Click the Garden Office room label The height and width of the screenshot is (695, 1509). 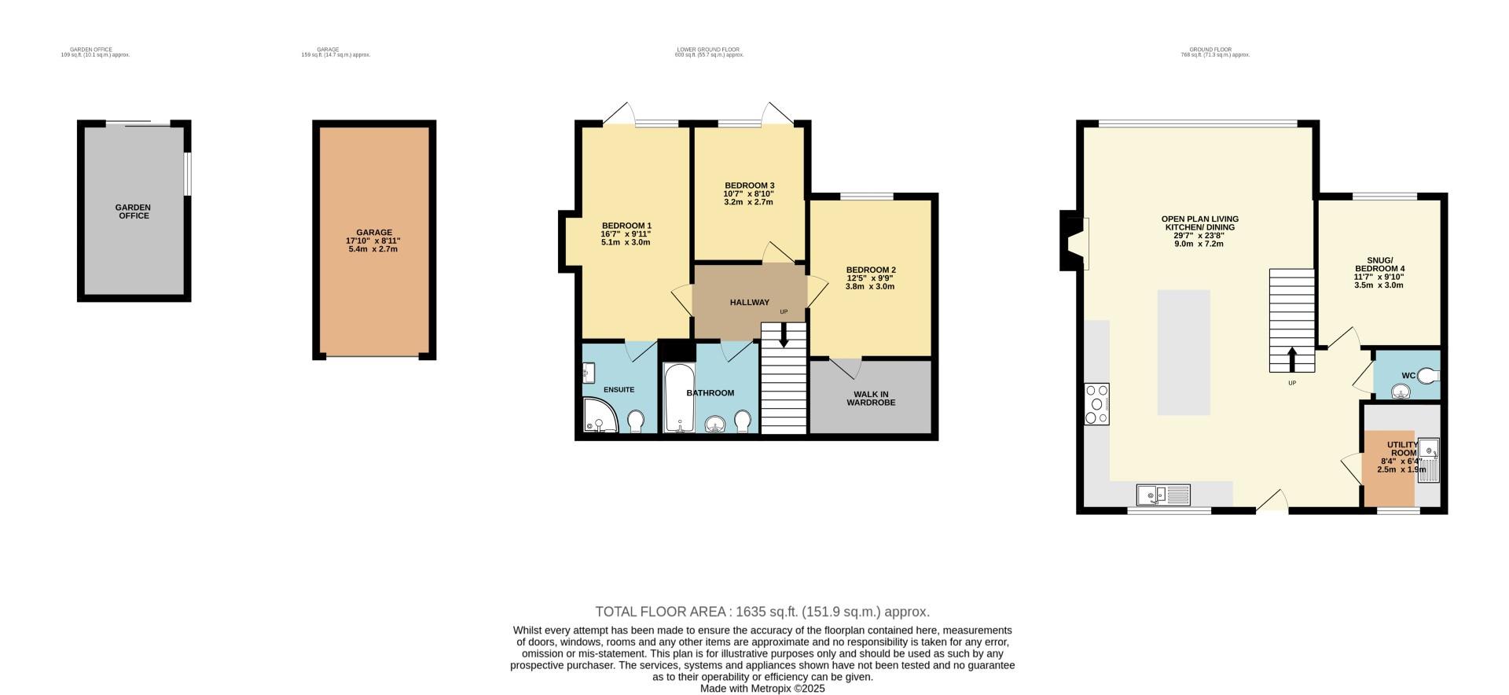pos(134,211)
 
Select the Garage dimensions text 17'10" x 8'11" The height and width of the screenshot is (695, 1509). pos(374,241)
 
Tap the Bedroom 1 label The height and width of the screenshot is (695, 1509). pos(626,226)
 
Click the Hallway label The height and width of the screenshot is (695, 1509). pos(749,303)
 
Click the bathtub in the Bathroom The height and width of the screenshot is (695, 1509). pos(677,399)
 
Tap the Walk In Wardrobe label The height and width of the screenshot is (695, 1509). pos(870,399)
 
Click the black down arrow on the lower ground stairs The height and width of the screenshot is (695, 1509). pos(784,337)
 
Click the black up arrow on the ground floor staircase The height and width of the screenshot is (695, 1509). pos(1292,360)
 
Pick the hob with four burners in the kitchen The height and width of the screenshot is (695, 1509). pos(1096,403)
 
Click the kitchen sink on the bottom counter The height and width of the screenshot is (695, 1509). pos(1162,495)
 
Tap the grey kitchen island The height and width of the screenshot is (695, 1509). pos(1183,351)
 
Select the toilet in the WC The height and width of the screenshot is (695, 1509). pos(1428,375)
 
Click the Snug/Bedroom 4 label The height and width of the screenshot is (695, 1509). pos(1379,264)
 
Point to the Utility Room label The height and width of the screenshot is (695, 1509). pos(1402,450)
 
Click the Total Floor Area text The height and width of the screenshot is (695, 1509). pos(762,612)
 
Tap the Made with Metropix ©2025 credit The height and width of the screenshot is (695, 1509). pos(762,688)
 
